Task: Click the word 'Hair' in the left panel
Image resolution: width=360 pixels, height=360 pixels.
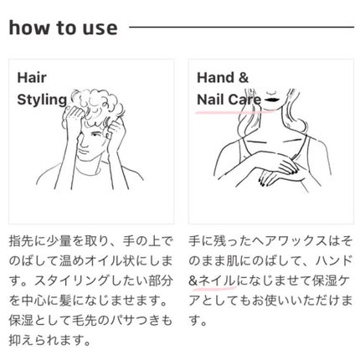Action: tap(33, 78)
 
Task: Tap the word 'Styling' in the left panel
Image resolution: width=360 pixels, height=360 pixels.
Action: tap(42, 100)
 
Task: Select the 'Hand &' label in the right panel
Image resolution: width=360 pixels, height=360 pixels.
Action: tap(223, 78)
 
